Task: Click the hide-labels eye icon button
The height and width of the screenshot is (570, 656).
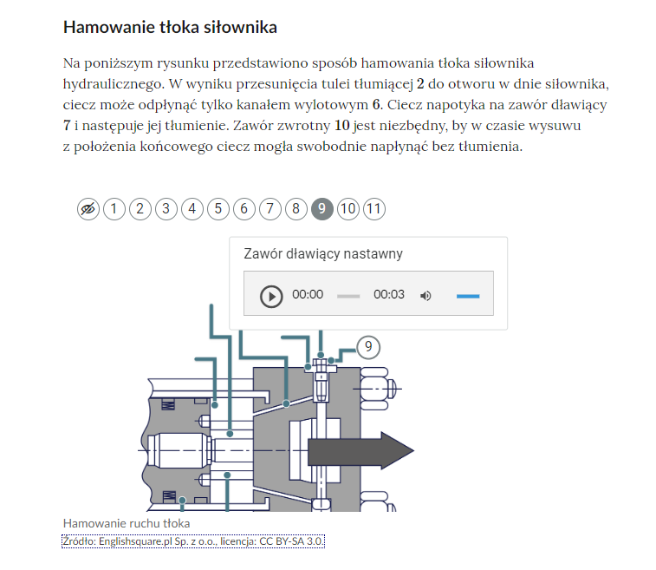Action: tap(88, 209)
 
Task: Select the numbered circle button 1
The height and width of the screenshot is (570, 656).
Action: tap(114, 209)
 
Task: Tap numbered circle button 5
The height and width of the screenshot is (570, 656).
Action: tap(218, 209)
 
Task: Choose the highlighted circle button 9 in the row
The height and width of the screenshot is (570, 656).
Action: tap(322, 209)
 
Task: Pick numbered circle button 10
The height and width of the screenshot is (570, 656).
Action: tap(348, 209)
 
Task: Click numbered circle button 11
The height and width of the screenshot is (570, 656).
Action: tap(374, 209)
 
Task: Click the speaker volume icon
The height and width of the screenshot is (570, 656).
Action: tap(425, 296)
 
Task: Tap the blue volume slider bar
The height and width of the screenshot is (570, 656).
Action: tap(468, 296)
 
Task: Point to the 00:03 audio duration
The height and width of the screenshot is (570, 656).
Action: tap(389, 294)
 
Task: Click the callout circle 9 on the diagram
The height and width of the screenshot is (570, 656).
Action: tap(368, 347)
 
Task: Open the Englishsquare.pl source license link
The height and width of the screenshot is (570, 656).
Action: tap(193, 541)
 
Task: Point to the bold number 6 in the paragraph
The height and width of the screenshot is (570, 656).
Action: tap(376, 105)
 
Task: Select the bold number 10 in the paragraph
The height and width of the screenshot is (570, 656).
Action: tap(341, 125)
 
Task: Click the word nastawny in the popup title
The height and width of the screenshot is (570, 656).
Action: tap(378, 254)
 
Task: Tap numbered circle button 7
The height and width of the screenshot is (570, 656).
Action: tap(270, 209)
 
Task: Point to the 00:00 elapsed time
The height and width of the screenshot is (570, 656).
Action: tap(308, 294)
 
